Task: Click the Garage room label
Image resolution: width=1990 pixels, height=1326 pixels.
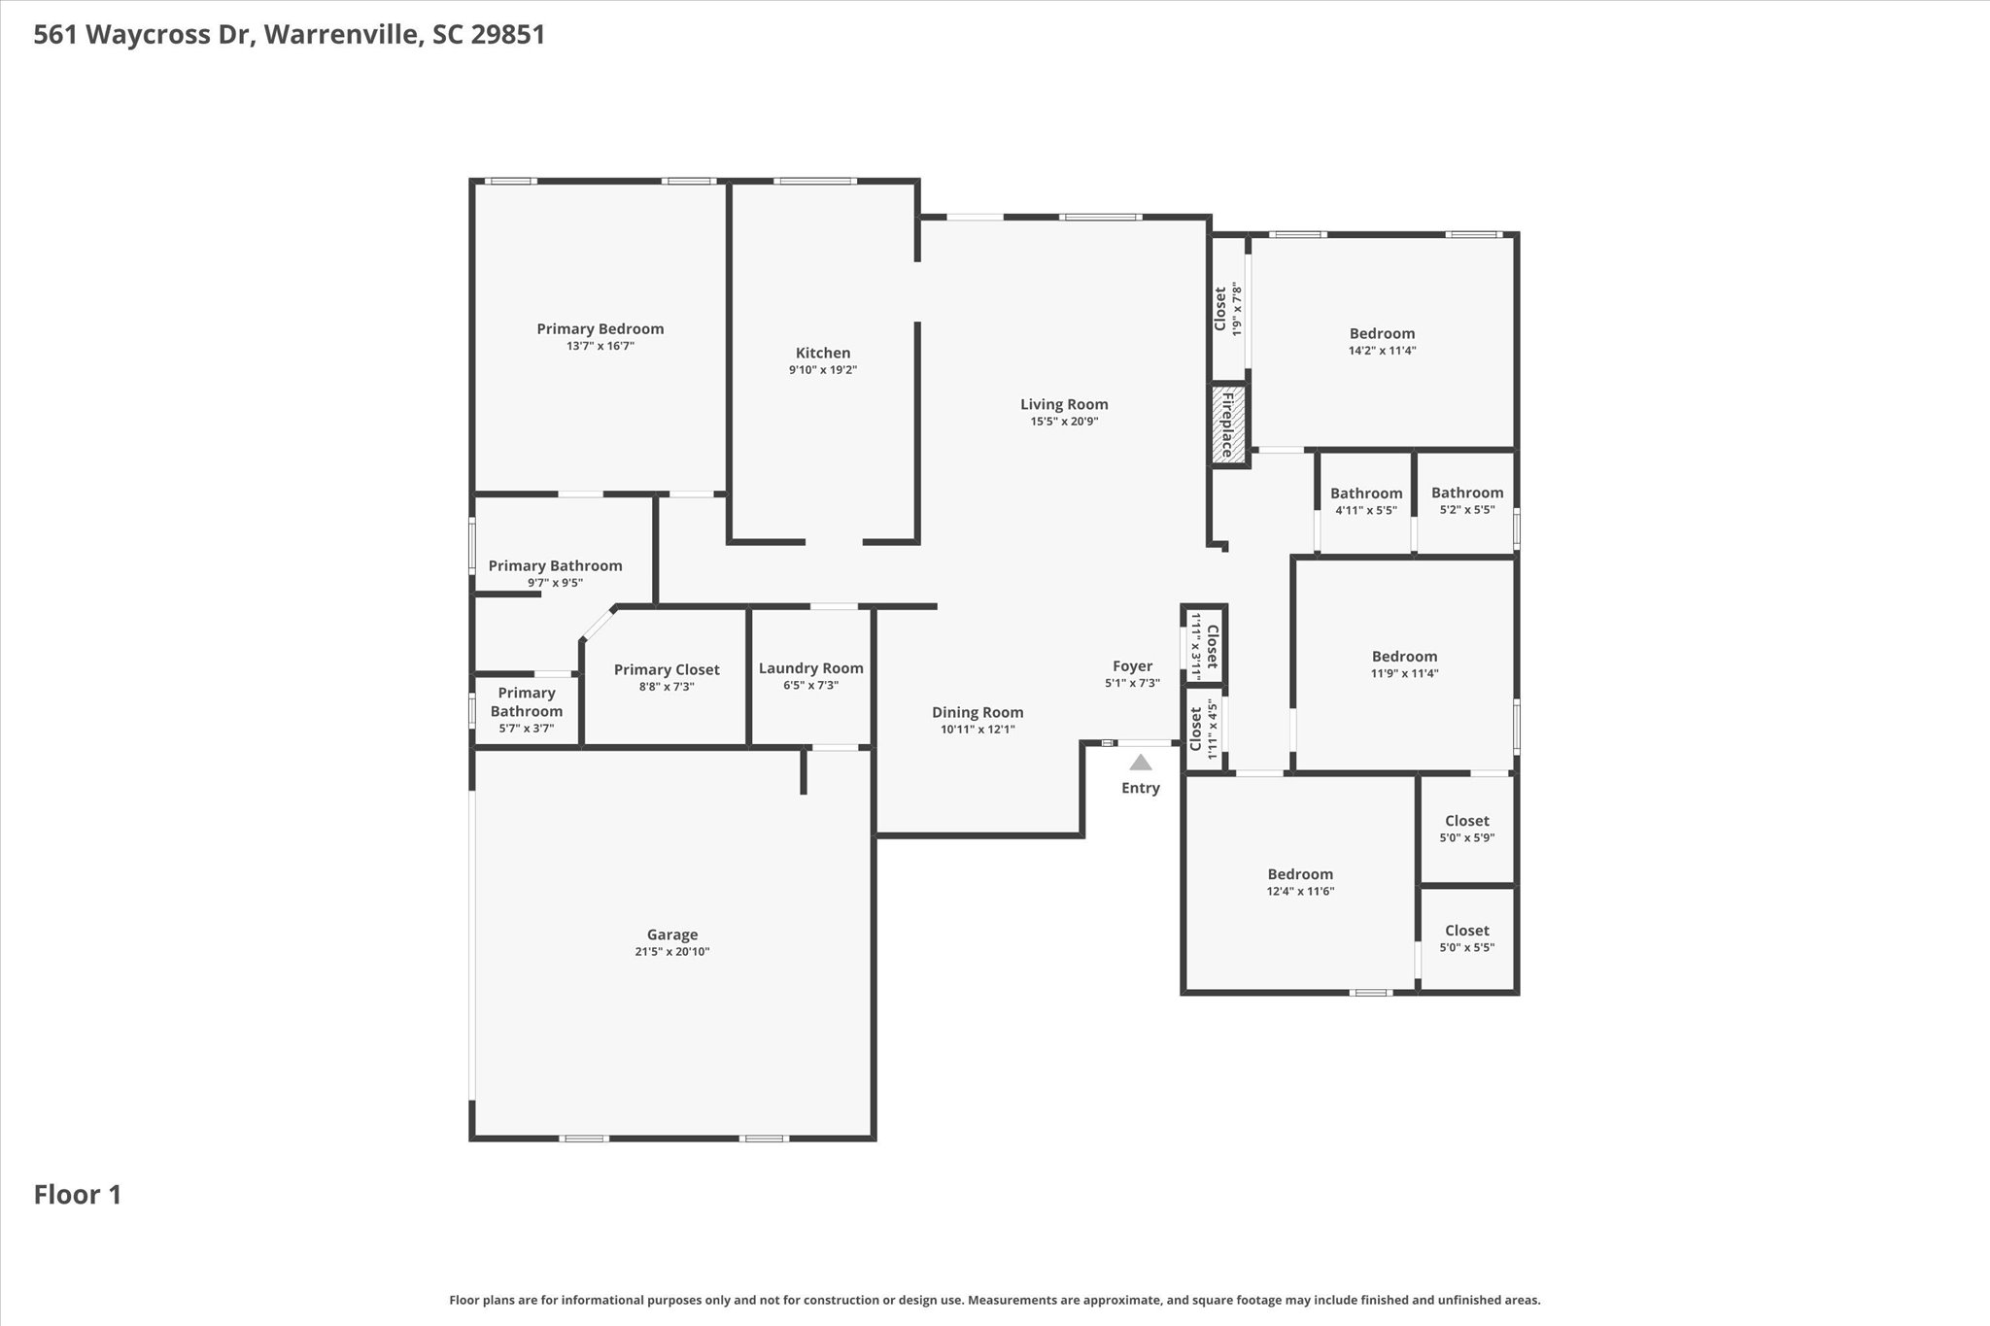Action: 672,935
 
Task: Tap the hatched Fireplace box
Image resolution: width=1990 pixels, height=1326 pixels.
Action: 1228,425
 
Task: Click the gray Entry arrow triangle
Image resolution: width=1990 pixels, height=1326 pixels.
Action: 1141,763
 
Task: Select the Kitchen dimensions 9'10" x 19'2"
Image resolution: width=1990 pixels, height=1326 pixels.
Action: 823,370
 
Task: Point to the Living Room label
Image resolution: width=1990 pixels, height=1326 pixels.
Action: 1064,404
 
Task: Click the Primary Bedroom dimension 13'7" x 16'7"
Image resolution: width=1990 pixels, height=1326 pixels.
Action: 600,346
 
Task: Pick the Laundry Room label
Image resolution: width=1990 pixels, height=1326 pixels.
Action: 810,668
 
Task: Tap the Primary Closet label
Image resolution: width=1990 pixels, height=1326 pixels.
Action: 667,669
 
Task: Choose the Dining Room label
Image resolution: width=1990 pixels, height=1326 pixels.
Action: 978,712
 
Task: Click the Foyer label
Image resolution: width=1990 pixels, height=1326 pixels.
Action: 1132,666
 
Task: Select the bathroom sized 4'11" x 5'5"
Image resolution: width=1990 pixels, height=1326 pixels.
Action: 1366,500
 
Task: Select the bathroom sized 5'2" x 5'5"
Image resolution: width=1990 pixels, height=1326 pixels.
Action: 1466,500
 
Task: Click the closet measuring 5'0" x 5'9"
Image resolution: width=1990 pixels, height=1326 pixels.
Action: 1466,828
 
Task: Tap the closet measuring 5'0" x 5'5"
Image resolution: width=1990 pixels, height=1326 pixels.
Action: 1466,937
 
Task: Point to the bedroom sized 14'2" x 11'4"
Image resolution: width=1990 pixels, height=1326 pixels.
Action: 1382,341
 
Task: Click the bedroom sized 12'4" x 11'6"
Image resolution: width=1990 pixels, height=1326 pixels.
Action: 1300,881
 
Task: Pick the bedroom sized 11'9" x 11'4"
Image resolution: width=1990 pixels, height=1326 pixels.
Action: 1404,663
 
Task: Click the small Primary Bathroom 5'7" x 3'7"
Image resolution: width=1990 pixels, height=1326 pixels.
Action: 527,709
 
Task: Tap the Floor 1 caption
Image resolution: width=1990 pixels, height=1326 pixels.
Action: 78,1195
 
